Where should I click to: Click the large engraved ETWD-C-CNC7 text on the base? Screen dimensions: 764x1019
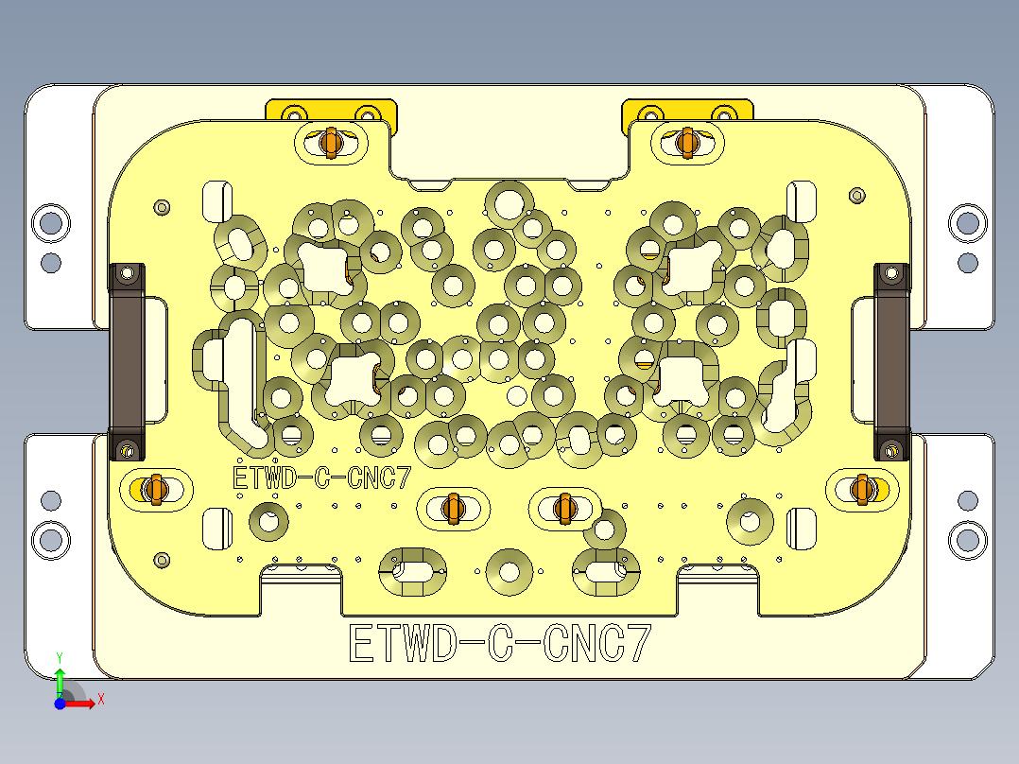pos(500,644)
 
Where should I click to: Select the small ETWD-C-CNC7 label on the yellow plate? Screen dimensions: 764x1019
pos(321,478)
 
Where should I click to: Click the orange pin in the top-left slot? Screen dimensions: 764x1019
pos(331,142)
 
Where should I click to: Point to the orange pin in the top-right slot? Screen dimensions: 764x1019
pos(687,141)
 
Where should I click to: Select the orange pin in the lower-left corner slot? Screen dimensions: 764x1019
pos(156,489)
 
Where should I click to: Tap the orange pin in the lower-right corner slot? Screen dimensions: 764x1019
pos(860,488)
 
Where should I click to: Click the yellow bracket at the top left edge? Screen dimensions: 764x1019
pos(331,110)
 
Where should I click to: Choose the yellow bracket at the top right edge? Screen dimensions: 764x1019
pos(687,110)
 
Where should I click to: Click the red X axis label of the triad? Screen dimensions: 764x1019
pos(100,700)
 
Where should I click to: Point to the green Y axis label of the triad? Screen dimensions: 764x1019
pos(60,656)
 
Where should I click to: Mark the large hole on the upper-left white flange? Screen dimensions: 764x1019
pos(50,223)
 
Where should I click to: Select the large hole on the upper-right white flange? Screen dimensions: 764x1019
pos(967,223)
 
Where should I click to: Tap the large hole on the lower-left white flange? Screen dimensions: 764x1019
pos(50,540)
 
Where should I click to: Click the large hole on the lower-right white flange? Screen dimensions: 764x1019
pos(967,540)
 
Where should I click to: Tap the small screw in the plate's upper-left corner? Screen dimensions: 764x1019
pos(162,206)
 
